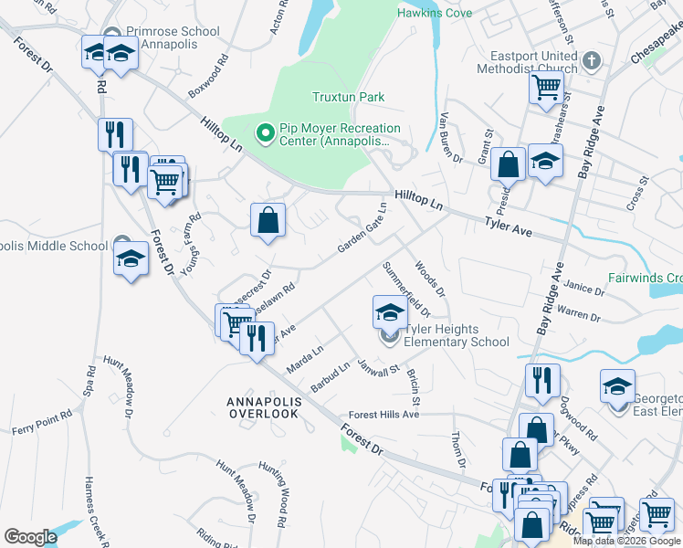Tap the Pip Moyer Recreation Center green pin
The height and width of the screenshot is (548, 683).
(266, 134)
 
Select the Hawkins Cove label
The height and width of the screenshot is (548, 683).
(435, 13)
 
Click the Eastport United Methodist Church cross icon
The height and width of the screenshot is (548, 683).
(592, 61)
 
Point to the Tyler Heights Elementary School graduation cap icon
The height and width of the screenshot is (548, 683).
(390, 311)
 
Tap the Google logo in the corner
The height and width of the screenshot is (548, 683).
(30, 536)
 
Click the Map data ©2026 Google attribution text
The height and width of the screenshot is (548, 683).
(627, 541)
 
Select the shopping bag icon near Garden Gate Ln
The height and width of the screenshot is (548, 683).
(268, 220)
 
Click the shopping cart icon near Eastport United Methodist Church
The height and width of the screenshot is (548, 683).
(545, 88)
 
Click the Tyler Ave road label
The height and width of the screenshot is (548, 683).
(508, 223)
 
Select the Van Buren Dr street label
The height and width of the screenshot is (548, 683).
(451, 138)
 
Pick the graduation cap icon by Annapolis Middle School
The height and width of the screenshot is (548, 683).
(131, 257)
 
